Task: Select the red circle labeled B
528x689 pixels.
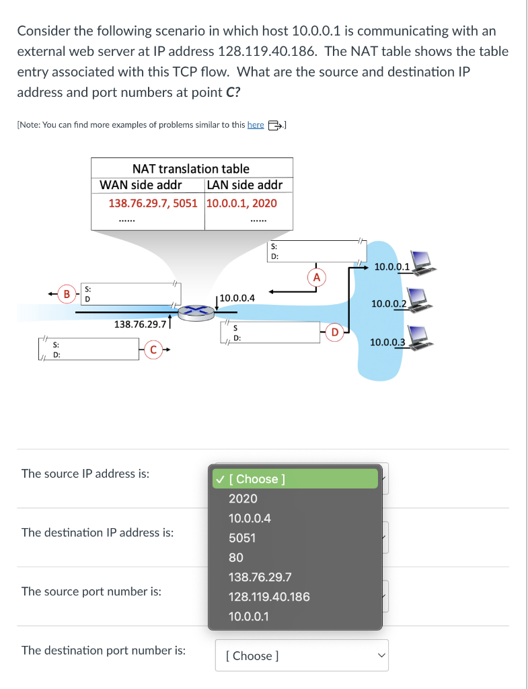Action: pyautogui.click(x=67, y=293)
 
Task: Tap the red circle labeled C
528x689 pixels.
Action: pyautogui.click(x=154, y=349)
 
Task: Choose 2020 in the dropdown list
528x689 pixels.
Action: pyautogui.click(x=243, y=499)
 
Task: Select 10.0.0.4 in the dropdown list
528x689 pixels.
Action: pyautogui.click(x=250, y=518)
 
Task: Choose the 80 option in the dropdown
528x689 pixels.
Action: pyautogui.click(x=236, y=557)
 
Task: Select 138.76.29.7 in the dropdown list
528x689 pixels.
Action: pyautogui.click(x=260, y=577)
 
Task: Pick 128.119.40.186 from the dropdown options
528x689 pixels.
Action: pyautogui.click(x=269, y=596)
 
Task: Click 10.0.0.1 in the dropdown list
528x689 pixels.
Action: pyautogui.click(x=249, y=616)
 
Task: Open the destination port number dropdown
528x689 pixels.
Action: pyautogui.click(x=301, y=655)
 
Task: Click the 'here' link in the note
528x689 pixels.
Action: pyautogui.click(x=256, y=124)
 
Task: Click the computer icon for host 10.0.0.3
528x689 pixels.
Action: pyautogui.click(x=420, y=336)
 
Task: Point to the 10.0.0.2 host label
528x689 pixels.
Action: pyautogui.click(x=387, y=304)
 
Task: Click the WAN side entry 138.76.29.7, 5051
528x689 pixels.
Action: pyautogui.click(x=153, y=203)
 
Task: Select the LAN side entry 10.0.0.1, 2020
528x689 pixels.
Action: pyautogui.click(x=241, y=203)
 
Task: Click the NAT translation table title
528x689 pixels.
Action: pyautogui.click(x=190, y=169)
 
